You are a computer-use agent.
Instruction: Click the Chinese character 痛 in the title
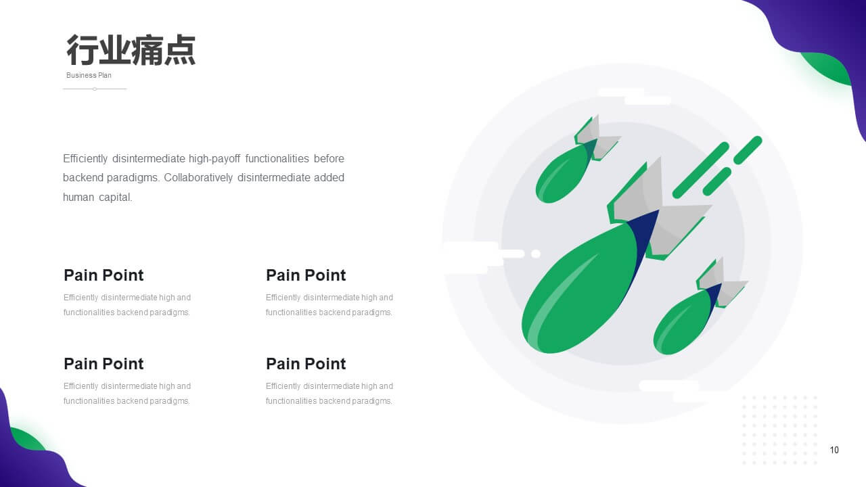click(147, 50)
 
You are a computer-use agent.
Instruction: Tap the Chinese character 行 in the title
click(82, 50)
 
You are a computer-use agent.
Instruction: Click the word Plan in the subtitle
click(105, 75)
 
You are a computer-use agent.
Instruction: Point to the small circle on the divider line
click(95, 89)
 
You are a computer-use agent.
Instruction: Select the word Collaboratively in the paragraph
click(198, 178)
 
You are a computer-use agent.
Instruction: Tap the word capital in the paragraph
click(115, 198)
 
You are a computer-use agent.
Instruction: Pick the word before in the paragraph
click(329, 158)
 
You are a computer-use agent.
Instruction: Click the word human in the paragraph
click(78, 198)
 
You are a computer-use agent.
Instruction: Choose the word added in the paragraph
click(329, 177)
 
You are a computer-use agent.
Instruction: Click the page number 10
click(834, 450)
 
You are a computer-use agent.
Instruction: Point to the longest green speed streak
click(700, 170)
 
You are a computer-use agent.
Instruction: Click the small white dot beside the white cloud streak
click(536, 254)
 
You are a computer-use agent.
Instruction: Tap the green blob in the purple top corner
click(827, 68)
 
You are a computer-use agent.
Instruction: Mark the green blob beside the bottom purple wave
click(27, 439)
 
